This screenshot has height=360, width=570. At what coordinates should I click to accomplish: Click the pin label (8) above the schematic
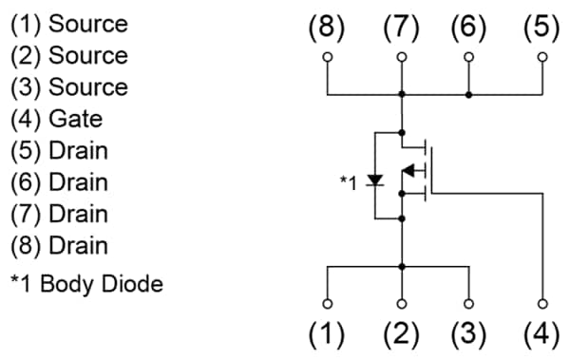coord(328,28)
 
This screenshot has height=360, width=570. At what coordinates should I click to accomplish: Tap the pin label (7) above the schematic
coord(401,28)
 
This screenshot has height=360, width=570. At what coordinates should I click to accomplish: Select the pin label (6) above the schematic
coord(469,28)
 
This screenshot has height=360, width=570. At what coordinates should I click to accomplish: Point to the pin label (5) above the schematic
coord(541,28)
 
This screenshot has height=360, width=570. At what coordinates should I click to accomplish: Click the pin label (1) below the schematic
coord(328,334)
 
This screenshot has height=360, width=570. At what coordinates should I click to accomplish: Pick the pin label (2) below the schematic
coord(401,334)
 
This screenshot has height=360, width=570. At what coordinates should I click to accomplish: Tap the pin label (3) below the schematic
coord(469,334)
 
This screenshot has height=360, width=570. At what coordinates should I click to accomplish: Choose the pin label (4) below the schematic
coord(541,334)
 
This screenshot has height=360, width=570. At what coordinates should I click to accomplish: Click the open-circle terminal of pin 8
coord(328,57)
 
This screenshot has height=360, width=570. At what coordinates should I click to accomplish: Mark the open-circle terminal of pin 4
coord(541,304)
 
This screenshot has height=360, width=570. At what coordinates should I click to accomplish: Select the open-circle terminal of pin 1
coord(328,304)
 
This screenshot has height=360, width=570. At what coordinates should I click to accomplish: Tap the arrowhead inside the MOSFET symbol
coord(410,171)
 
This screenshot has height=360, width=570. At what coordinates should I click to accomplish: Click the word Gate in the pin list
coord(80,119)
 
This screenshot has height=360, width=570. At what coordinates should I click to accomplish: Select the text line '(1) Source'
coord(68,22)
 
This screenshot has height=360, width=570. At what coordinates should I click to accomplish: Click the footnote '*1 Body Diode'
coord(85,283)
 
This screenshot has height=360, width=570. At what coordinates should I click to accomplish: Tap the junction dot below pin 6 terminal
coord(469,95)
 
